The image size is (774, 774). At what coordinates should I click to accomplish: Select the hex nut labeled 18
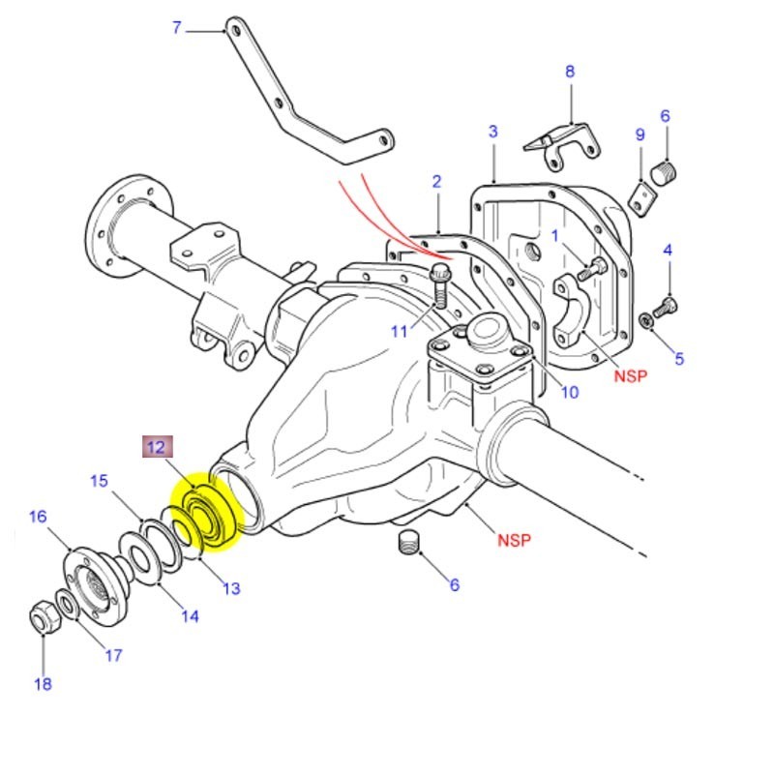point(43,618)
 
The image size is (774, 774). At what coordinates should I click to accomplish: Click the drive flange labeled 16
point(96,583)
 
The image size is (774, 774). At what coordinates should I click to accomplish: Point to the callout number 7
point(176,28)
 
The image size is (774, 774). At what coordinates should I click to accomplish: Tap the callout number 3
point(492,131)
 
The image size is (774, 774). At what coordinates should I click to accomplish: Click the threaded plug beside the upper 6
point(665,173)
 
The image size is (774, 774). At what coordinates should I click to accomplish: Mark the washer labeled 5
point(645,320)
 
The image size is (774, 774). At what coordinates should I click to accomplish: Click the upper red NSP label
point(630,376)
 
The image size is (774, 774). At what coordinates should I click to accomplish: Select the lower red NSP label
point(514,540)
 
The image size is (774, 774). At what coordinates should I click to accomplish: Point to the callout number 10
point(570,392)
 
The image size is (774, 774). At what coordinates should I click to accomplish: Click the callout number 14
point(190,615)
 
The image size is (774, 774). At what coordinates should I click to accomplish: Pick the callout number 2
point(436,181)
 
